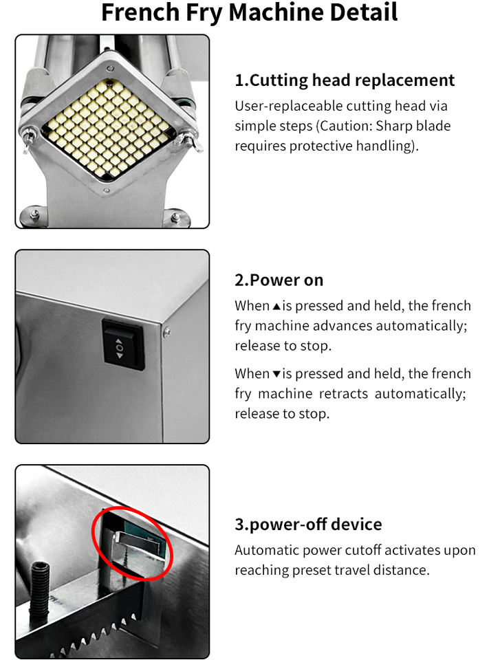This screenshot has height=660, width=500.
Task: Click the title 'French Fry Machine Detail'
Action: click(250, 12)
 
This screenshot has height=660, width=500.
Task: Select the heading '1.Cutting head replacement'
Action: click(345, 80)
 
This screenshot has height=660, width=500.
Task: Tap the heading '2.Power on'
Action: click(279, 280)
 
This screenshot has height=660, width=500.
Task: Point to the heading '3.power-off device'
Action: click(308, 525)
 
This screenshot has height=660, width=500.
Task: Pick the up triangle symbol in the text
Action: click(276, 307)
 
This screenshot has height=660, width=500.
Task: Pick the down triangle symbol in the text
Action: click(276, 374)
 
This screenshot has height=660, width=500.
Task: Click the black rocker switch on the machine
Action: click(122, 344)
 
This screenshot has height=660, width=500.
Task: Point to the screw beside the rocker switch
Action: click(167, 332)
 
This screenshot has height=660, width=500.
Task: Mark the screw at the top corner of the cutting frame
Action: click(110, 69)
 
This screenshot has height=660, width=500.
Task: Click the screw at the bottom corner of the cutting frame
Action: click(107, 190)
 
